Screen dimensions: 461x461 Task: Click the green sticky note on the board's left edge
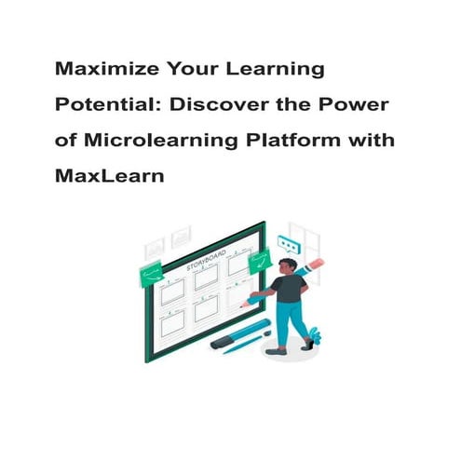pos(151,275)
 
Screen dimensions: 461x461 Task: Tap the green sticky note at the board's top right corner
pos(260,264)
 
